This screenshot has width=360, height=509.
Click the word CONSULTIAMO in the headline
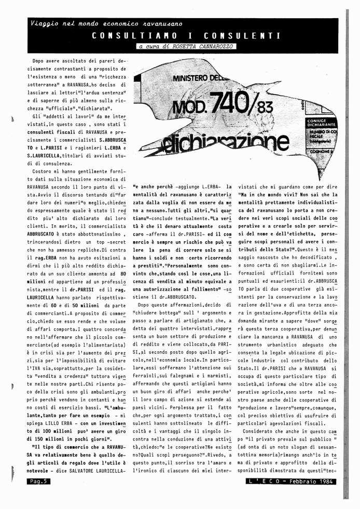tap(134, 36)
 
